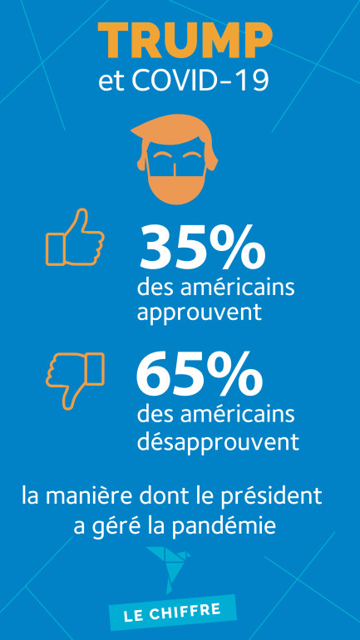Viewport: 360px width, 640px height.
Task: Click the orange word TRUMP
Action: [185, 42]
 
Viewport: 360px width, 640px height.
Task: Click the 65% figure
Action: [200, 375]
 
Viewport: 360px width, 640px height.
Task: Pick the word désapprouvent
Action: [218, 440]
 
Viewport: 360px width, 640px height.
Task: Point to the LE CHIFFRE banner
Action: [171, 612]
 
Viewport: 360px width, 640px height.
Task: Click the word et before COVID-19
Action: [107, 82]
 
